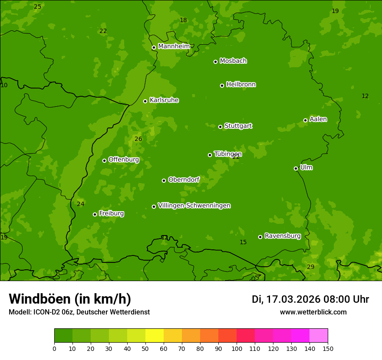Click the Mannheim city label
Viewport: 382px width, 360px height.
click(174, 46)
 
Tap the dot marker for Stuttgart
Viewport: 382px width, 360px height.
click(220, 127)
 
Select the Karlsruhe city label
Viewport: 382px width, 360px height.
click(164, 100)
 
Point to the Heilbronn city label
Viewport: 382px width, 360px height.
click(241, 85)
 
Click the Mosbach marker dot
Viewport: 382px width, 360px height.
click(215, 62)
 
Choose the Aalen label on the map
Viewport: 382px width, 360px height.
click(318, 119)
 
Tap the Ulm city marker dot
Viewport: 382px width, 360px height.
click(296, 168)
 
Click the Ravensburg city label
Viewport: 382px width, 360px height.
click(283, 236)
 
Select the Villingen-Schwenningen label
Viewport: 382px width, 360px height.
click(194, 206)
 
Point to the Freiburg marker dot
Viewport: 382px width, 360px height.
click(95, 214)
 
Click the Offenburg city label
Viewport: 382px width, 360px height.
click(124, 160)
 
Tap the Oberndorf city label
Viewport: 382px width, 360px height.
click(184, 180)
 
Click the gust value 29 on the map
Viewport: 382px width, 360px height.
click(310, 267)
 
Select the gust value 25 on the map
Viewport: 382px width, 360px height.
click(38, 7)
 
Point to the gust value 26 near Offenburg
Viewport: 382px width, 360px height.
click(138, 139)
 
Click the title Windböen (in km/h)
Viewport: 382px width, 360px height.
click(70, 299)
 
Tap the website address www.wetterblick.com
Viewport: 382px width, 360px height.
click(313, 312)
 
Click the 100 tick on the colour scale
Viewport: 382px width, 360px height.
click(237, 348)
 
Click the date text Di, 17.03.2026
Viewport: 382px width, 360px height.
click(286, 299)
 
